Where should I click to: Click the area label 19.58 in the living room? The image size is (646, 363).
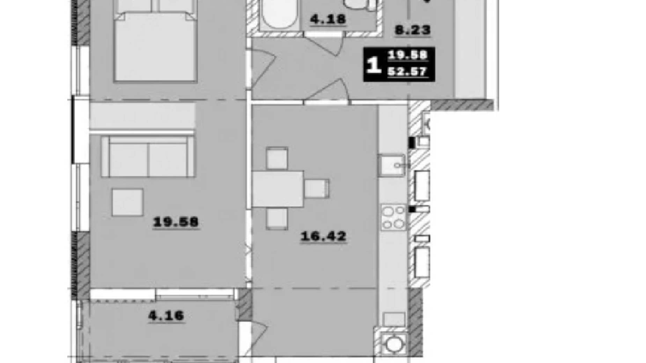coord(176,222)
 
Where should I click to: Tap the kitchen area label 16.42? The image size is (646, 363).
coord(323,236)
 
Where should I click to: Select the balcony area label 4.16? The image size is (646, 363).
coord(166,316)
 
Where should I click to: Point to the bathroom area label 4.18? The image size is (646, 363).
coord(328,19)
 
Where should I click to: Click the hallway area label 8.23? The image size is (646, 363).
coord(412,30)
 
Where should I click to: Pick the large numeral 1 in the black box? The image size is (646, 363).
coord(374,65)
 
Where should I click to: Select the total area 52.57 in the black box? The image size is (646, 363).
coord(407,72)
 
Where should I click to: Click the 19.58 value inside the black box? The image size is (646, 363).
coord(407,55)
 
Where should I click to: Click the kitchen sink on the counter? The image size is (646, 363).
coord(391,165)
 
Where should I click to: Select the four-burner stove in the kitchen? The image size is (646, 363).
coord(393,217)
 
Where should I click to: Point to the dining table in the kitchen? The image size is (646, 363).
coord(278,189)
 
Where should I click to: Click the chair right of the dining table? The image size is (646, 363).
coord(317,189)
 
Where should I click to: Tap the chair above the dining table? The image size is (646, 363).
coord(277,158)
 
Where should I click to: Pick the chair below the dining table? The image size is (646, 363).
coord(277,218)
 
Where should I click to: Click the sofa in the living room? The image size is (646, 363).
coord(148,156)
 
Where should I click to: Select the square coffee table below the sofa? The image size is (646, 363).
coord(127,202)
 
